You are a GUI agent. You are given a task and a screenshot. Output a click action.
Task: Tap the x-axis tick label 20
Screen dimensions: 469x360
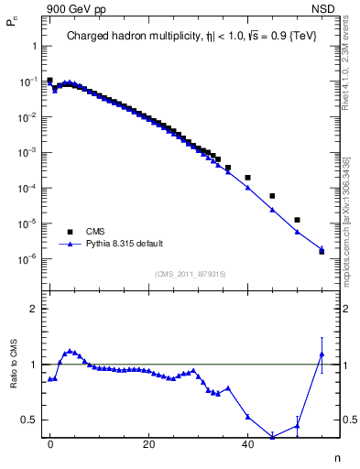(x=148, y=443)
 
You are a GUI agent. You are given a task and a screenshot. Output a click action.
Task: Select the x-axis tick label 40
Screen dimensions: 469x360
(x=247, y=443)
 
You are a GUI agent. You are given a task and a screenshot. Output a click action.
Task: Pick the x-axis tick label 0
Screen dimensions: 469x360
(x=50, y=443)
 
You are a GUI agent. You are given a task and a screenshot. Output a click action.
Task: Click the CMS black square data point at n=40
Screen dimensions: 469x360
(x=247, y=177)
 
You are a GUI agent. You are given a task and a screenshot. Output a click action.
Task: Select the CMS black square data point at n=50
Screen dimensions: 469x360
(x=297, y=220)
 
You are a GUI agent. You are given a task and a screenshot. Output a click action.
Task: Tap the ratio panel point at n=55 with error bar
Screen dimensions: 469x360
(x=322, y=354)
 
